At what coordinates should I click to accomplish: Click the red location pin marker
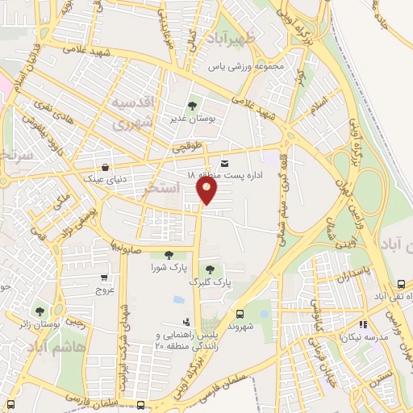(x=207, y=189)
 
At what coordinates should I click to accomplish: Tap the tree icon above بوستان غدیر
(x=192, y=105)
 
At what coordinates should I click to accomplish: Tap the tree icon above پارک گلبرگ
(x=210, y=269)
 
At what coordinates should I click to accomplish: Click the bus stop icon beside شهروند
(x=240, y=313)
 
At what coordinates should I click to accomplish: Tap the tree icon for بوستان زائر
(x=40, y=311)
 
